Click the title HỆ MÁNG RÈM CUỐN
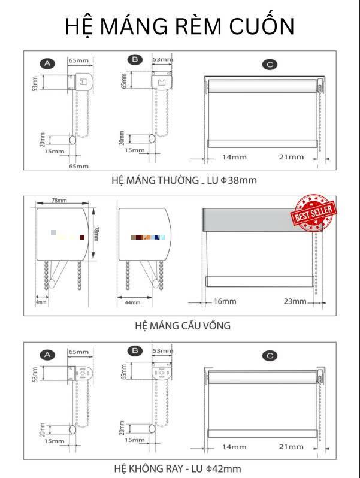(x=180, y=26)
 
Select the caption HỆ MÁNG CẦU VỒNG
(x=183, y=326)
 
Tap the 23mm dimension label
(x=295, y=301)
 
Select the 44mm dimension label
(x=132, y=302)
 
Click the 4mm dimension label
(x=41, y=302)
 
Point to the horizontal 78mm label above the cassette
(x=59, y=200)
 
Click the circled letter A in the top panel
(x=47, y=63)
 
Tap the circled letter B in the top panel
(x=135, y=59)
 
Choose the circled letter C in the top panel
(x=271, y=64)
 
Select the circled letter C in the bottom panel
(x=271, y=356)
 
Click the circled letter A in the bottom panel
(x=47, y=355)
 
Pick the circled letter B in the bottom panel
(x=135, y=351)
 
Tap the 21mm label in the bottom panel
(x=291, y=447)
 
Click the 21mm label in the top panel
(x=291, y=157)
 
